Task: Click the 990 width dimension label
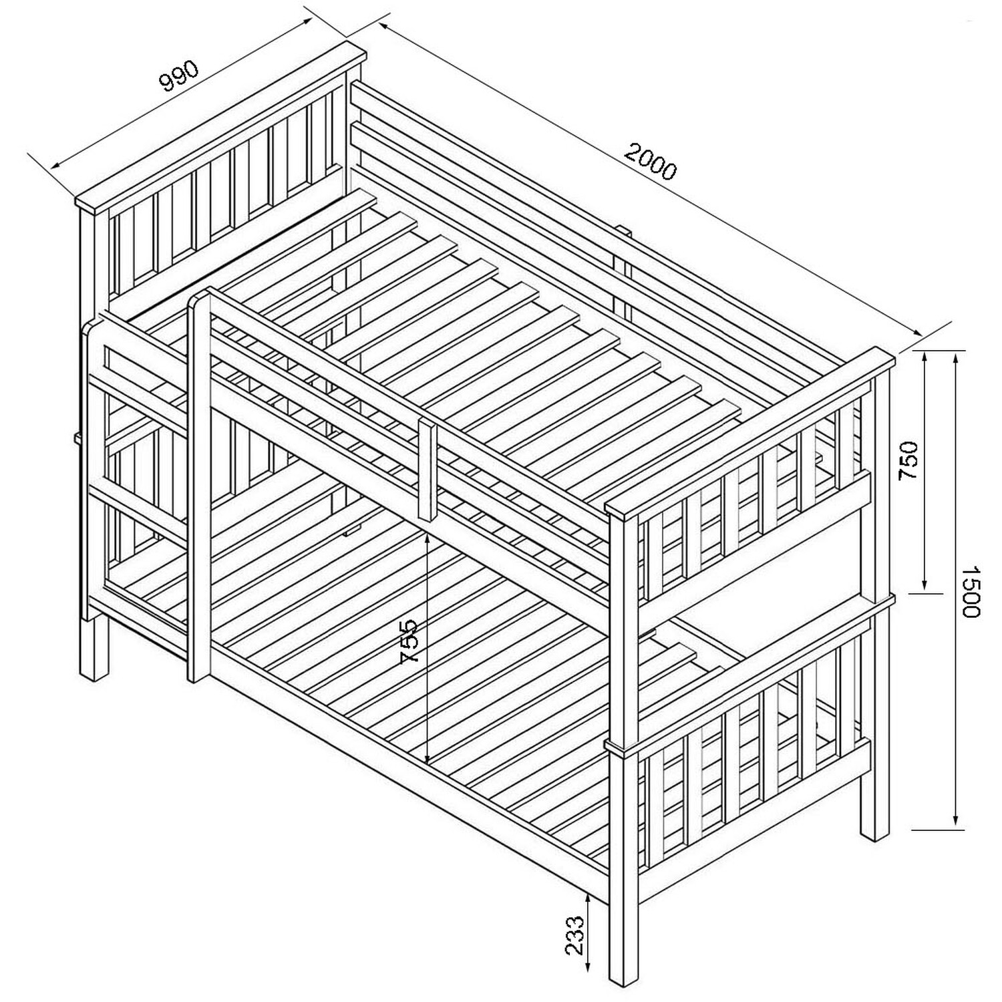180,75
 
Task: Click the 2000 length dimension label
651,162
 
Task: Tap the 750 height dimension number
909,460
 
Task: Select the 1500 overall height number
969,591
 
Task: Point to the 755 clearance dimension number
408,641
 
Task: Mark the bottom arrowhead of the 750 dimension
925,583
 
